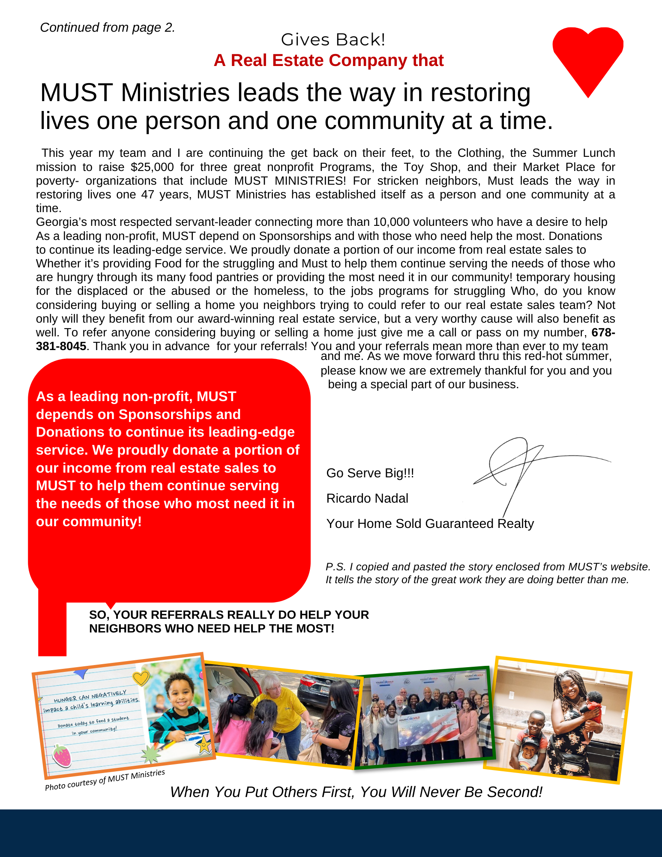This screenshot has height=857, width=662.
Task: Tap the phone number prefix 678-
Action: click(x=603, y=333)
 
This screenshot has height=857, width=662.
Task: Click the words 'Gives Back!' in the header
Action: click(x=333, y=40)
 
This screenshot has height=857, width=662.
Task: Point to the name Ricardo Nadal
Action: click(x=367, y=498)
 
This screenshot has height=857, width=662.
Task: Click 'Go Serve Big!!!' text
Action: click(x=370, y=473)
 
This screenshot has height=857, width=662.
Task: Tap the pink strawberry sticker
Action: click(x=62, y=755)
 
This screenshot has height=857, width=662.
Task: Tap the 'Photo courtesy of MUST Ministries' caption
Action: click(x=105, y=780)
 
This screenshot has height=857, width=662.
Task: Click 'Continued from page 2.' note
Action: click(x=108, y=27)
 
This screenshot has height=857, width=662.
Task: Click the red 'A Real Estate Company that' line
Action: click(x=329, y=60)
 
